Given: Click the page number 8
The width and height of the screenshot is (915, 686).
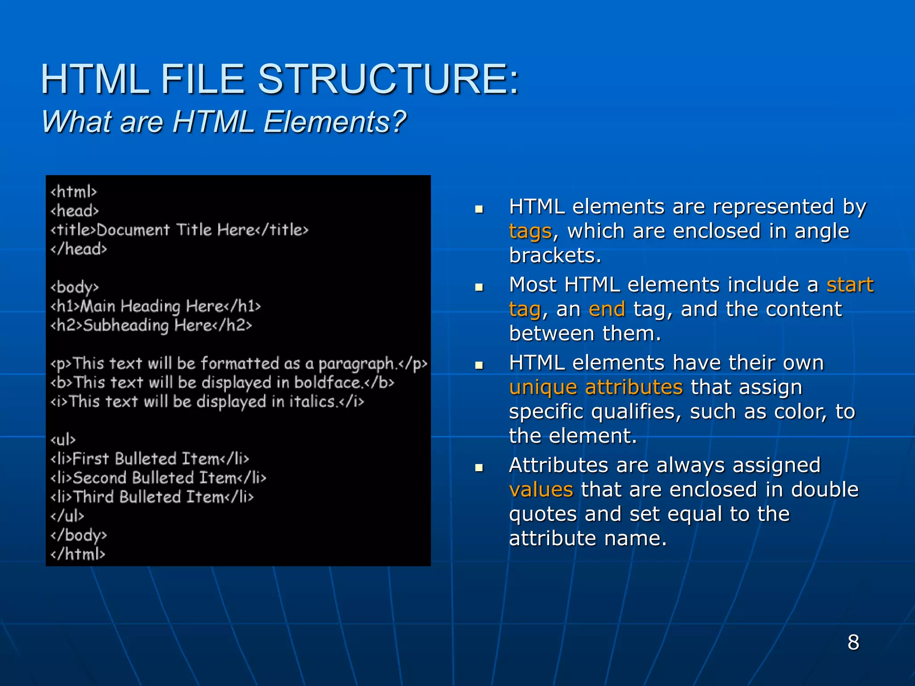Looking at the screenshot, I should pos(853,642).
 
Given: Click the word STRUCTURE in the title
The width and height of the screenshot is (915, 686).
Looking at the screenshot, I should pos(388,79).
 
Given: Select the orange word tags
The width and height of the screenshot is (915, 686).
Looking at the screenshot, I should pos(530,231).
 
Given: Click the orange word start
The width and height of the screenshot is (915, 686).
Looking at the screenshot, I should pos(850,284).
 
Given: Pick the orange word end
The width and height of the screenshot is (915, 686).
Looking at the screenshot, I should pos(607,309).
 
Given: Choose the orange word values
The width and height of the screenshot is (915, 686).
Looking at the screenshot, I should pos(541,489).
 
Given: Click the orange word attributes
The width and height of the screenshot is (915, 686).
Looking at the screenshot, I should pos(634,387).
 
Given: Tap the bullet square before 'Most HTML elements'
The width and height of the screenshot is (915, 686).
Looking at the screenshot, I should pos(479,287).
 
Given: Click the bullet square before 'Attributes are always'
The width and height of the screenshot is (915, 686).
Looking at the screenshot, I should pos(479,468).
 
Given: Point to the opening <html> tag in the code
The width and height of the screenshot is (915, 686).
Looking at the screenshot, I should pos(74,192).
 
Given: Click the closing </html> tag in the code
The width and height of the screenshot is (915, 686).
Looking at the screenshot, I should pos(78,554).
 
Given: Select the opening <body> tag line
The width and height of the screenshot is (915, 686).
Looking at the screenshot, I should pos(75,287).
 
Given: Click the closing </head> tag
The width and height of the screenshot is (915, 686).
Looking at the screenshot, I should pos(79,249).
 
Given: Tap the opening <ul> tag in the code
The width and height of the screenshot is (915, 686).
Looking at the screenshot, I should pos(63,440).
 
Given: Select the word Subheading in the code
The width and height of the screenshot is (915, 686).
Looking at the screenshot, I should pos(126,325).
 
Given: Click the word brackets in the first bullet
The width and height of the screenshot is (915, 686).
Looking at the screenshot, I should pos(555,255).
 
